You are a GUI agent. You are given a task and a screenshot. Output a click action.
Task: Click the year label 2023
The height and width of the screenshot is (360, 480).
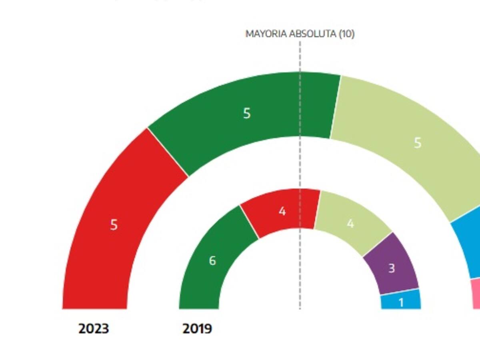pos(94,329)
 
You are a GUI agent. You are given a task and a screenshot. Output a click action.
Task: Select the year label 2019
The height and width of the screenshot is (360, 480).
pos(197,329)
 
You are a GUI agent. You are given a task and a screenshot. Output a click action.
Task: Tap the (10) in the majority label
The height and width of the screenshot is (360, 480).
pos(347,34)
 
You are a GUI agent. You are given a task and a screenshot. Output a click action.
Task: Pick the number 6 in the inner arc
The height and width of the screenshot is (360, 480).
pos(212,261)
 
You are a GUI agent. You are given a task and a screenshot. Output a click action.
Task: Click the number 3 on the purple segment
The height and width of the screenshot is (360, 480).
pos(391,268)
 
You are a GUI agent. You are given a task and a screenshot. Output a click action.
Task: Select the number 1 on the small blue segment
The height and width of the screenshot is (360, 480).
pos(401,303)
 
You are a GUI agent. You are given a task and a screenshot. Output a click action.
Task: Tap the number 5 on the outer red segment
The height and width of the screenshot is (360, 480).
pos(114,225)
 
